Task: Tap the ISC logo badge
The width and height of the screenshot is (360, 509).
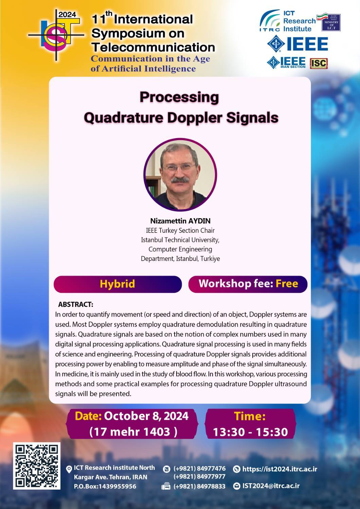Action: pos(319,63)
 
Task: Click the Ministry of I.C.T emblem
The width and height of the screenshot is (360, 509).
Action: pos(331,22)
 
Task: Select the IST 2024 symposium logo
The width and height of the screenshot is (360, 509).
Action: pos(56,35)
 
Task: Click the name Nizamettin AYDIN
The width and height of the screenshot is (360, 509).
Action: pos(180,221)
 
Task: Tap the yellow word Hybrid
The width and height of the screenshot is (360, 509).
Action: pos(118,284)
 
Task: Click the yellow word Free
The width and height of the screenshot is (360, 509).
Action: pos(287,284)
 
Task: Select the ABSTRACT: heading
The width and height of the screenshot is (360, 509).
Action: pos(76,304)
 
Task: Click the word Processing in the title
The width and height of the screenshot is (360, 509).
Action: pos(179,97)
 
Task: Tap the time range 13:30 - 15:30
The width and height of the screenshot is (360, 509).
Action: pos(250,432)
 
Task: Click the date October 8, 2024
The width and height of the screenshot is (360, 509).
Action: pos(146,416)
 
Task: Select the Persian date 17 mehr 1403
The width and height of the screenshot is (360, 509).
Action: pos(133,432)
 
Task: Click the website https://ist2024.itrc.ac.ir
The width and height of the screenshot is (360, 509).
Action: pos(280,469)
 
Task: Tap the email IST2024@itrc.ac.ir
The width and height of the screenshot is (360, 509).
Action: pos(271,486)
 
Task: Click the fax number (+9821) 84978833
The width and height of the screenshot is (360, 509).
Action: pos(199,486)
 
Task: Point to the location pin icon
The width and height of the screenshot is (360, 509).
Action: pos(69,469)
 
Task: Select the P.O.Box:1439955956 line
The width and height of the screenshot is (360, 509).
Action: pos(105,487)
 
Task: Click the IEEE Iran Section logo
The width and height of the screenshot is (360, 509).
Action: pos(286,62)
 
